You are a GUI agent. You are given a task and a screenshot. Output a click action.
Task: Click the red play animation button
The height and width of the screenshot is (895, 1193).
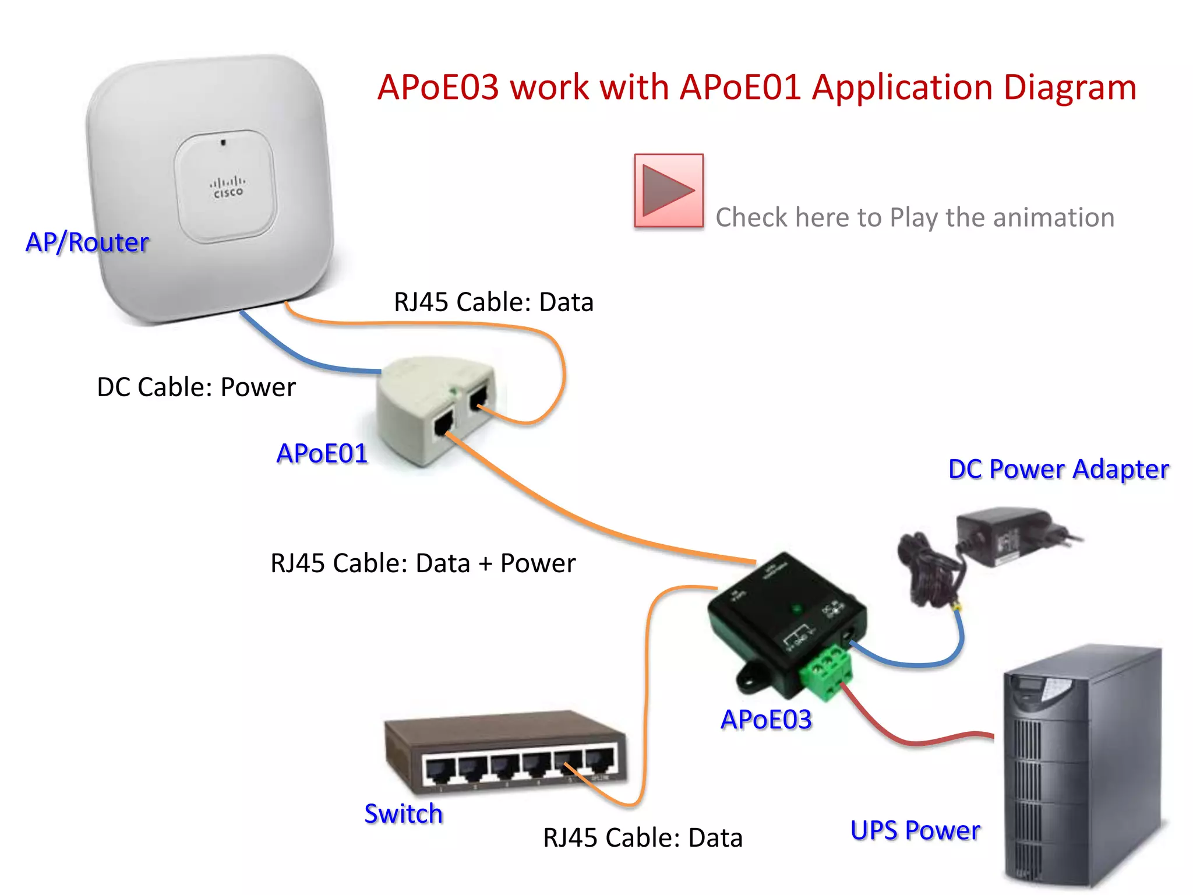669,191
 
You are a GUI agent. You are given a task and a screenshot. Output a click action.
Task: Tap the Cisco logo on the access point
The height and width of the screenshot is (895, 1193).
228,187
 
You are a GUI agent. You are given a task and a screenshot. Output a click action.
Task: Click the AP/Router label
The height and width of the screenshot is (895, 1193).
87,242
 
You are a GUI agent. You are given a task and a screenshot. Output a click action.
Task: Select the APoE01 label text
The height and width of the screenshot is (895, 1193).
322,453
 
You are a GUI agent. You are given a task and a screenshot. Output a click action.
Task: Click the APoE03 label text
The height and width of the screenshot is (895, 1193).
766,720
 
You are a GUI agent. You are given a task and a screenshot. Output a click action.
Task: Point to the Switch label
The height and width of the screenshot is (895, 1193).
404,814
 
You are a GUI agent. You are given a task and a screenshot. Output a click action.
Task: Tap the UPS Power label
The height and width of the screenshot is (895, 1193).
915,830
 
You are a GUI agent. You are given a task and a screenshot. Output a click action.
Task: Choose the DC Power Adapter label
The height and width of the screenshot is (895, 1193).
1058,469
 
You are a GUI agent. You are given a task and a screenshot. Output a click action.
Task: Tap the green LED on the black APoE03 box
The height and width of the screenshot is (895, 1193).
796,609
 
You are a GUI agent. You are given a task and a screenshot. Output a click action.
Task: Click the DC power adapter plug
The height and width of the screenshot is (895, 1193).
1019,536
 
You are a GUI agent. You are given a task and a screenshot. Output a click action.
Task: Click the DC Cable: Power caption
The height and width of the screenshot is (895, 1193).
196,387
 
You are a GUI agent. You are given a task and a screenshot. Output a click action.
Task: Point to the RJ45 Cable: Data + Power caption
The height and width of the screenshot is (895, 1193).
423,563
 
